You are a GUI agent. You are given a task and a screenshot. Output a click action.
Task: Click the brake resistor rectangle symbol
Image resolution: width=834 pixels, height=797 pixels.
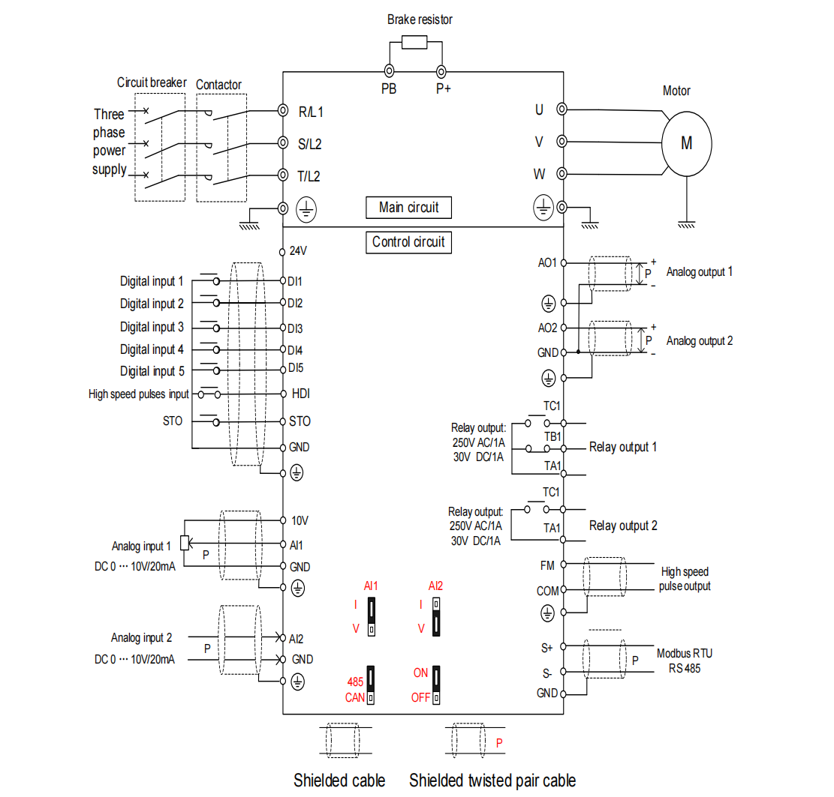click(x=414, y=42)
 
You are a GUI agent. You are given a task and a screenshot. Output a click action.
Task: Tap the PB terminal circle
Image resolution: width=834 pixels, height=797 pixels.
click(x=389, y=71)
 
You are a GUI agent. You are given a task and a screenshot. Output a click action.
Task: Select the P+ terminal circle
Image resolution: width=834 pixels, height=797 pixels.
click(x=441, y=71)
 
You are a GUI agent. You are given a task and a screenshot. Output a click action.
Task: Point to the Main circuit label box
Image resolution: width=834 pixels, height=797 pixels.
click(x=408, y=207)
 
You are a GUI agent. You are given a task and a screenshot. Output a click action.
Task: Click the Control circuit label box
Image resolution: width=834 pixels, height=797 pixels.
click(x=408, y=242)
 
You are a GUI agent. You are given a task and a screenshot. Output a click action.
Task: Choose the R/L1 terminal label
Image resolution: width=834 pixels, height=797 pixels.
click(x=310, y=112)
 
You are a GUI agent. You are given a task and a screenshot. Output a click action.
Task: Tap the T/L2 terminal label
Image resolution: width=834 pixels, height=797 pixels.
click(x=309, y=176)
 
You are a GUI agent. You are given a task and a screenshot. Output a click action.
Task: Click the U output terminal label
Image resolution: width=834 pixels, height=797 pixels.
click(x=539, y=109)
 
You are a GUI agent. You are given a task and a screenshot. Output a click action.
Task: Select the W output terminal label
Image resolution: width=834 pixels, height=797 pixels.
click(x=539, y=174)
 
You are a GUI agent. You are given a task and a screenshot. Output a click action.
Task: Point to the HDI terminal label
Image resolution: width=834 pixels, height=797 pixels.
click(x=300, y=394)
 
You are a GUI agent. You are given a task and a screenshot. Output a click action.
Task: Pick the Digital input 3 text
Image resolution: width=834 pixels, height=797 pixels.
click(x=152, y=327)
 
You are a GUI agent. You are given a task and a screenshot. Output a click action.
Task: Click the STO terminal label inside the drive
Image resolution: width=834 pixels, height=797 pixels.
click(x=300, y=421)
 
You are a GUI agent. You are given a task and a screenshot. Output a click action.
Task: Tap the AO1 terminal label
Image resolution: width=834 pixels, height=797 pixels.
click(x=547, y=263)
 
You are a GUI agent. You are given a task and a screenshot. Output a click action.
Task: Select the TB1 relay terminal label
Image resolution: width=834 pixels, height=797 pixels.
click(x=552, y=436)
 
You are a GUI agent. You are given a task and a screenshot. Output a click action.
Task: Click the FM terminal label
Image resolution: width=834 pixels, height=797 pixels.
click(x=547, y=565)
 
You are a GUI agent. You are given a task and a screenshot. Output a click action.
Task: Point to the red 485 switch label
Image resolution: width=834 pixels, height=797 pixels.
click(x=355, y=682)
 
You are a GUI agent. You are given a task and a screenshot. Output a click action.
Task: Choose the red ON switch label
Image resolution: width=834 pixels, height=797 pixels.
click(x=420, y=673)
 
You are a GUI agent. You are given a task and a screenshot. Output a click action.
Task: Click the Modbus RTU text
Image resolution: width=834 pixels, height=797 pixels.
click(x=685, y=653)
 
